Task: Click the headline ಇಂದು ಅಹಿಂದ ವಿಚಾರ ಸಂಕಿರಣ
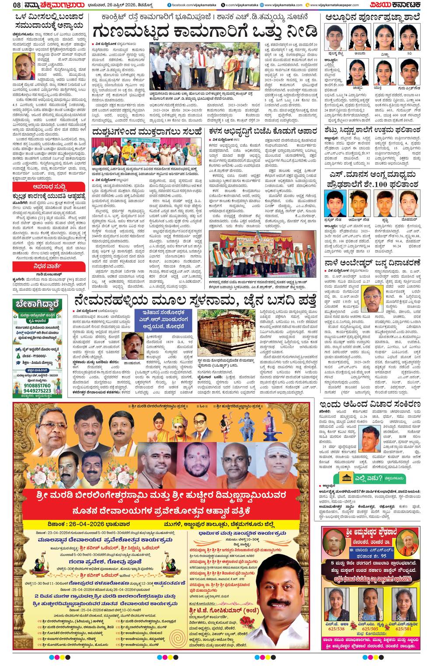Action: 370,404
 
